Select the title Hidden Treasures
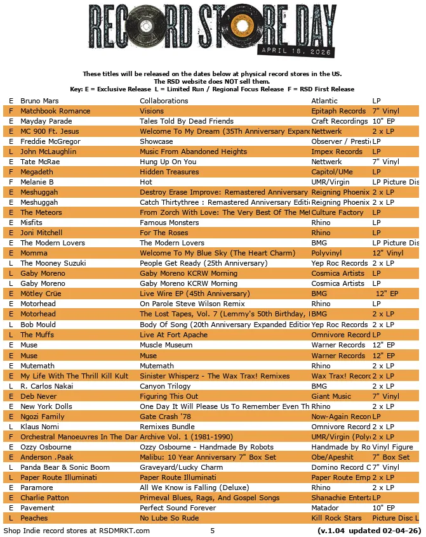click(x=169, y=172)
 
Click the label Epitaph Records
click(x=338, y=111)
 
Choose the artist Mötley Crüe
click(x=41, y=294)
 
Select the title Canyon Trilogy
click(x=165, y=385)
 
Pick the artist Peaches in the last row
click(x=34, y=518)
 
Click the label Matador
click(x=324, y=508)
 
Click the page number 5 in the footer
click(x=213, y=530)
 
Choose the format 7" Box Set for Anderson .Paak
click(x=391, y=457)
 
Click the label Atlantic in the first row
click(x=324, y=101)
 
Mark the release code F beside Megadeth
click(x=11, y=172)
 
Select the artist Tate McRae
click(x=40, y=162)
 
